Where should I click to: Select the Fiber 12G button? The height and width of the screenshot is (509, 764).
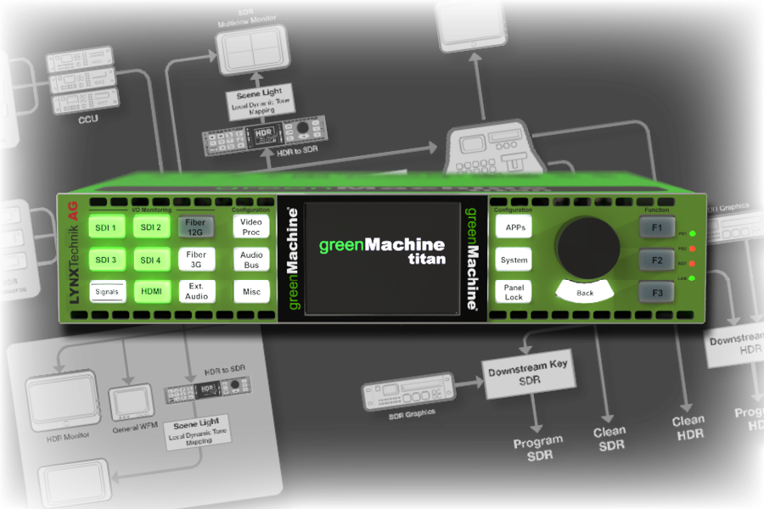point(196,227)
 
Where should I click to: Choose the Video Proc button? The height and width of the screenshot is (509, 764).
point(251,227)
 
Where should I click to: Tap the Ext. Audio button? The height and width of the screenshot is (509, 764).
point(196,292)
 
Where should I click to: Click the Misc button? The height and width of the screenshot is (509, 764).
point(251,292)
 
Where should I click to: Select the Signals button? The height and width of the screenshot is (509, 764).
point(107,292)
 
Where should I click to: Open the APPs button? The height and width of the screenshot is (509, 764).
point(515,227)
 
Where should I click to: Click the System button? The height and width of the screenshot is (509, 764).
point(514,260)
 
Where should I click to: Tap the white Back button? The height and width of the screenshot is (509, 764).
point(586,293)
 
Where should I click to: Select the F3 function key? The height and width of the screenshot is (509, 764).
point(656,294)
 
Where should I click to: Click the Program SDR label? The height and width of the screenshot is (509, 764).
point(538,447)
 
